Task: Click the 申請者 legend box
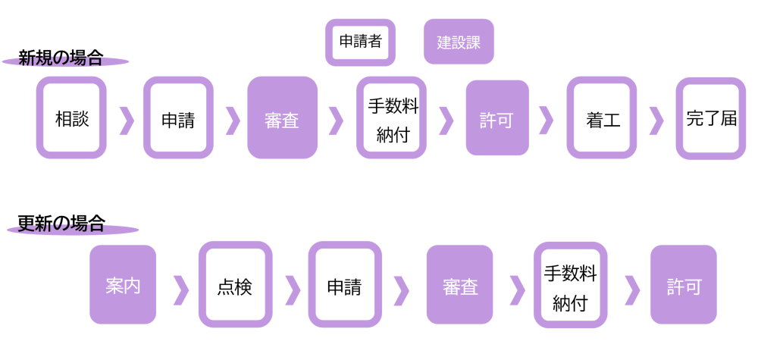click(x=360, y=42)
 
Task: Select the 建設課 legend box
click(x=459, y=42)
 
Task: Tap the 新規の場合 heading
click(x=61, y=58)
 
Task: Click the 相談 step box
click(x=72, y=118)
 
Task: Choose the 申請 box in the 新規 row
click(x=178, y=118)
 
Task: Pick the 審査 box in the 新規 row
click(x=282, y=118)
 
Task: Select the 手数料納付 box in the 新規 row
click(x=392, y=118)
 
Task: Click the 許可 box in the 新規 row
click(x=497, y=118)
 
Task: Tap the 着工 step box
click(x=603, y=118)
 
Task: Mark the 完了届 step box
click(x=710, y=118)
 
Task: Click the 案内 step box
click(x=123, y=285)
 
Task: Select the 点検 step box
click(x=235, y=285)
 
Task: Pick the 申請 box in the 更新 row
click(x=344, y=285)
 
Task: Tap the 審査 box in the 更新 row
click(x=459, y=285)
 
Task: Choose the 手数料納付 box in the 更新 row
click(x=570, y=285)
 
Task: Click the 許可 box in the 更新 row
click(x=683, y=285)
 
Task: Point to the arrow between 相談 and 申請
click(x=127, y=120)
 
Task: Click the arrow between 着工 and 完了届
click(x=656, y=120)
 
